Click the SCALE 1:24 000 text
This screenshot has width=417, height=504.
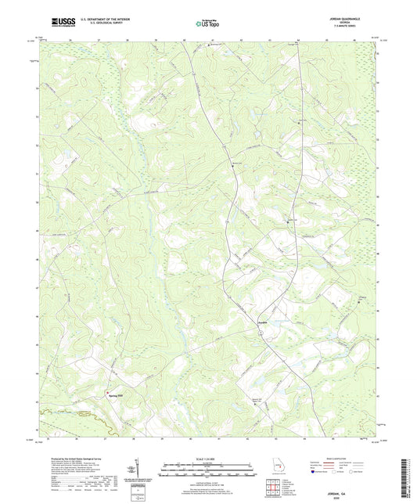pyautogui.click(x=207, y=459)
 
